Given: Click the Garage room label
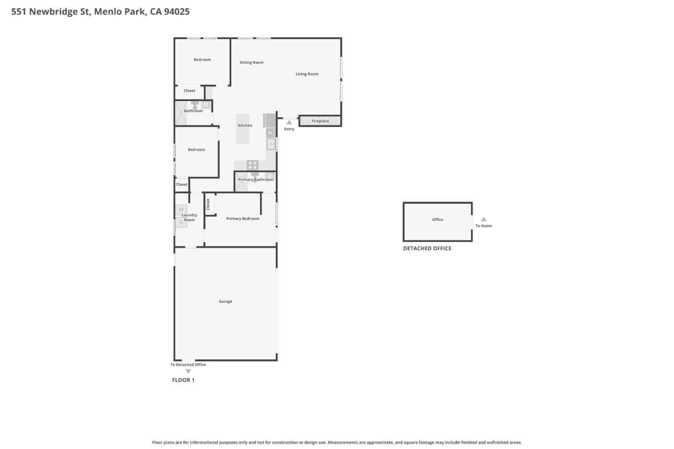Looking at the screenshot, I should click(225, 302).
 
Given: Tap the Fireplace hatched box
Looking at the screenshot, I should click(320, 121).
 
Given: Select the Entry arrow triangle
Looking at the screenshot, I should click(289, 123).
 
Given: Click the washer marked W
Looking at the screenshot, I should click(181, 210).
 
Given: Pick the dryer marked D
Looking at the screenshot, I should click(181, 222).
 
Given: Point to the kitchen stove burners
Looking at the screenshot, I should click(252, 165).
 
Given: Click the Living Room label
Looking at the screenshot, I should click(307, 74).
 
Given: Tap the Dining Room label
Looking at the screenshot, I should click(251, 63).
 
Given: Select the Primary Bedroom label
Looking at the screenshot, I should click(242, 218).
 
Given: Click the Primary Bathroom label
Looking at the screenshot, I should click(255, 180).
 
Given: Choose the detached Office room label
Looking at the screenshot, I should click(437, 219).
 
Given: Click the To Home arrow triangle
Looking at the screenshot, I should click(484, 219).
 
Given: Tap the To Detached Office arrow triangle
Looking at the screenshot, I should click(188, 371).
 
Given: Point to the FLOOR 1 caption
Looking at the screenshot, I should click(183, 380).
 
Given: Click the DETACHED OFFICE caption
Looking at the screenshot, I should click(427, 248).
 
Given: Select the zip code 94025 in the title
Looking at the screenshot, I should click(176, 12).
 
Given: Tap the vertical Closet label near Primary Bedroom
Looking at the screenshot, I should click(208, 204).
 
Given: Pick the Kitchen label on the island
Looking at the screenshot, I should click(245, 125).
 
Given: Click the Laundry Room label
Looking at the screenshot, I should click(190, 217).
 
